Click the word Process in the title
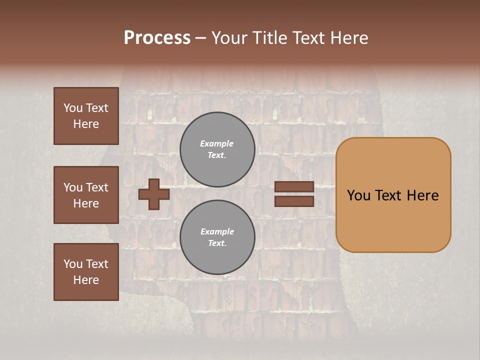click(x=157, y=37)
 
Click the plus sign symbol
click(x=153, y=194)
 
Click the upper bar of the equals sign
click(x=294, y=187)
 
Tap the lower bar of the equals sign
click(x=294, y=201)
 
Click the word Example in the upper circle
click(x=216, y=143)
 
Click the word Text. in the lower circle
click(x=217, y=243)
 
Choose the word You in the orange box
click(x=358, y=195)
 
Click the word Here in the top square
click(x=86, y=124)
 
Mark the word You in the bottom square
click(x=73, y=264)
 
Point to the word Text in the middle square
click(x=97, y=187)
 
